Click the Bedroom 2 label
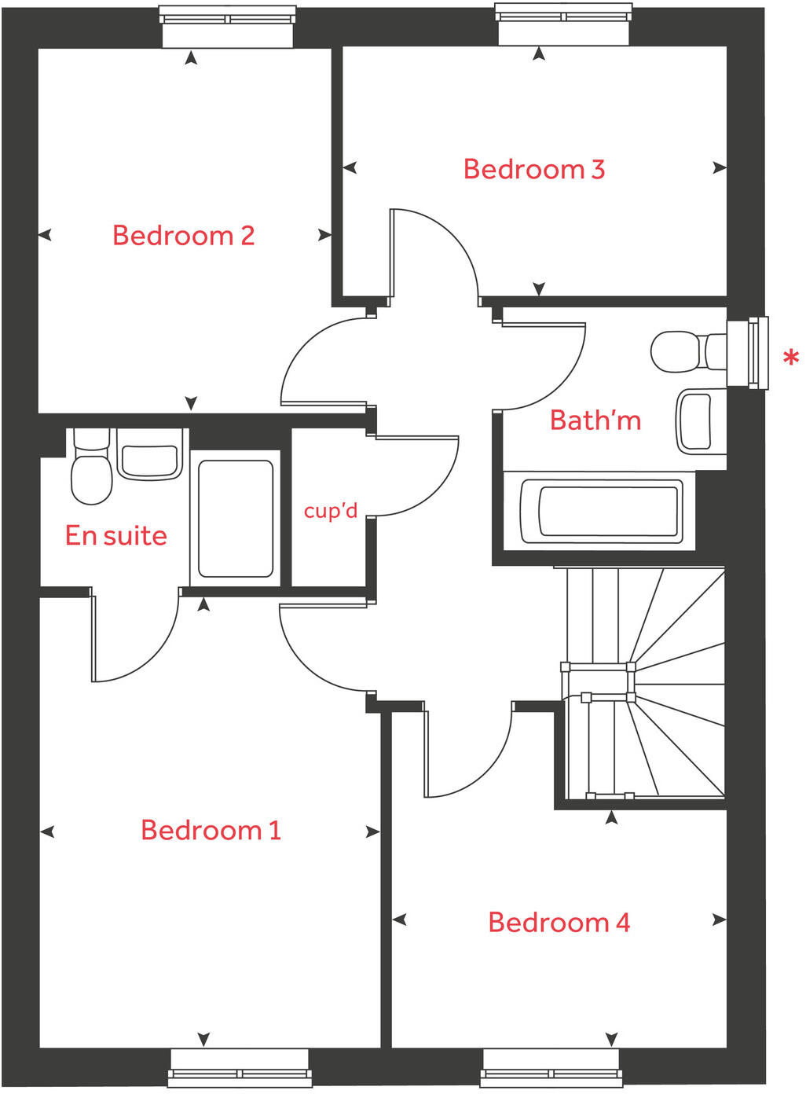click(x=184, y=235)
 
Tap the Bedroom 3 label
click(x=534, y=169)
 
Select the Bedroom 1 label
click(x=211, y=830)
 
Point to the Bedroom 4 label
click(x=559, y=922)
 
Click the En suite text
click(x=116, y=536)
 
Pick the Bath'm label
click(x=595, y=420)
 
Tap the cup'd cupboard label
click(x=331, y=511)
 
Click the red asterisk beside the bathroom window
click(x=790, y=359)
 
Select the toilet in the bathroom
click(x=683, y=351)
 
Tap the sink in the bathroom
click(x=696, y=422)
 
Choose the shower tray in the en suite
click(x=236, y=519)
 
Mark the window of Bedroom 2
click(x=228, y=26)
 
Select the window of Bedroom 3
click(x=563, y=24)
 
